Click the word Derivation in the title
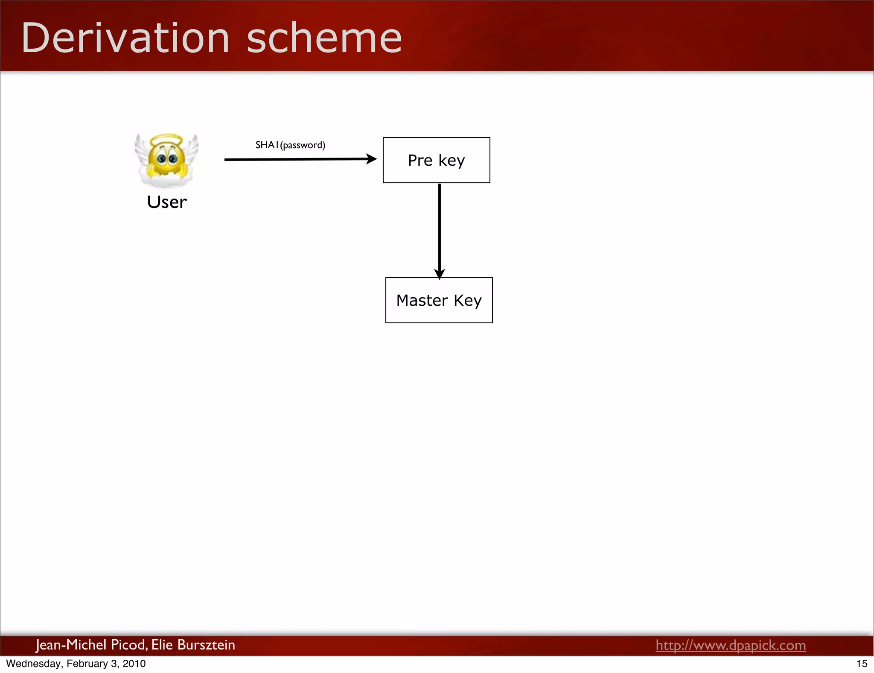125,38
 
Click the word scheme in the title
324,38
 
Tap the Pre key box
436,160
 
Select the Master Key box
439,300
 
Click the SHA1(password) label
290,145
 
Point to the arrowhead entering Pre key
372,159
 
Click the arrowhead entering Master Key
440,274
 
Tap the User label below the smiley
167,202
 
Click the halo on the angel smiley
167,140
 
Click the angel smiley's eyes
167,159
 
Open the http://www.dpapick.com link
731,645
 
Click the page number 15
862,664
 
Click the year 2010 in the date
134,664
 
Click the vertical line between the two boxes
440,226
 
